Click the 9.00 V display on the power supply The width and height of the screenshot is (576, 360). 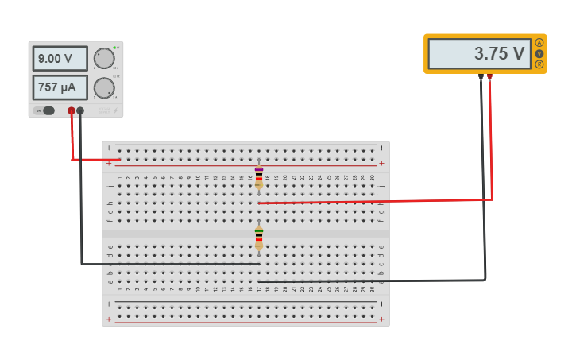coord(60,59)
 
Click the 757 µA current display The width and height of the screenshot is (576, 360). coord(60,87)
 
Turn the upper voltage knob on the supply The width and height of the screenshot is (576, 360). coord(103,58)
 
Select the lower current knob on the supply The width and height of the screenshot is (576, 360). coord(103,87)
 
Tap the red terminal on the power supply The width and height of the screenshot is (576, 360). coord(72,111)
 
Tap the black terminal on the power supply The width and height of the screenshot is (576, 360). coord(80,111)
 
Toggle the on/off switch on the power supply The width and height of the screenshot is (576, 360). coord(48,111)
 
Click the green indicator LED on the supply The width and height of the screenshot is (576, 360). coord(115,48)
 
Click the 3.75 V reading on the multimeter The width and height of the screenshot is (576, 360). coord(479,54)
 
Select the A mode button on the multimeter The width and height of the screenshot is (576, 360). coord(539,43)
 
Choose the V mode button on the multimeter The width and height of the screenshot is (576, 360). coord(539,53)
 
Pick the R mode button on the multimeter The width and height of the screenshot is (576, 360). coord(539,64)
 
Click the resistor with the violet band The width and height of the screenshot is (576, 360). coord(259,176)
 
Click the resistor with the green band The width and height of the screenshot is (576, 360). coord(259,238)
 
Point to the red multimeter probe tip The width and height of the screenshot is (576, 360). coord(489,77)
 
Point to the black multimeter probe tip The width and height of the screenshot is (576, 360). coord(481,77)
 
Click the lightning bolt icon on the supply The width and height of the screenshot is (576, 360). coord(114,110)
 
